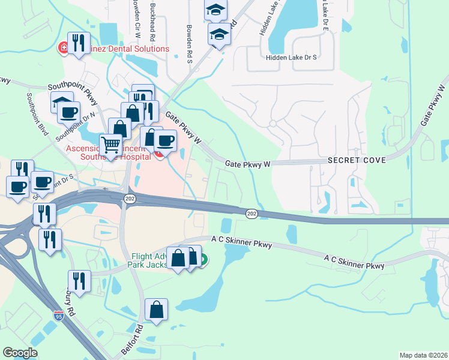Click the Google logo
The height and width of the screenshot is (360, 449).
(20, 353)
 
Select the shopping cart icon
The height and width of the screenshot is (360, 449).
(110, 145)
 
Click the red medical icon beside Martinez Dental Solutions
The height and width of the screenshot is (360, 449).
(62, 48)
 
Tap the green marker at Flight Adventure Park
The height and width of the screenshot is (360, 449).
(203, 260)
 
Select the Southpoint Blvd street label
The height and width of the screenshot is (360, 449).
(36, 113)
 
